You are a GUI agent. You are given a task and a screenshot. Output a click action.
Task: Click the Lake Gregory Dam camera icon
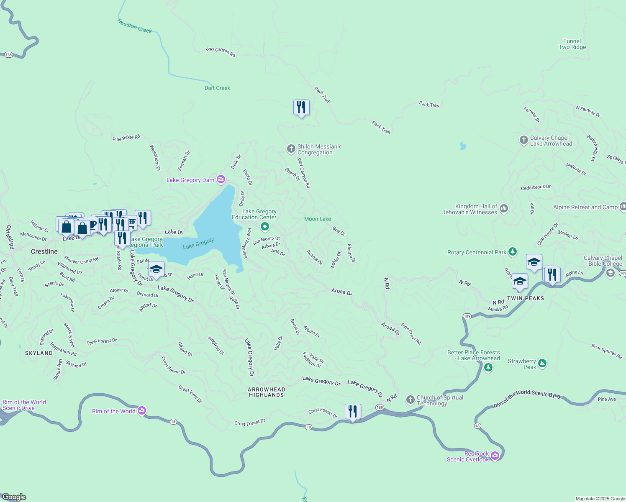(221, 180)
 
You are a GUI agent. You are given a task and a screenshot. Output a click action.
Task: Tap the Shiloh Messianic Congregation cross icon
(291, 149)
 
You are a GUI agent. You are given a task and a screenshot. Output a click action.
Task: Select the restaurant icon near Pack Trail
(301, 108)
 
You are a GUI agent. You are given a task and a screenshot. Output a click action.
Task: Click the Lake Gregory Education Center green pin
(264, 227)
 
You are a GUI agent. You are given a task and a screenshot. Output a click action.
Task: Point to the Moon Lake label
(317, 219)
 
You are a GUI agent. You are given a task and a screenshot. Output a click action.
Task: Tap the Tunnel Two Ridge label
(572, 44)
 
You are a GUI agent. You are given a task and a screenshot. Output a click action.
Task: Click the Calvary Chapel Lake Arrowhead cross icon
(523, 140)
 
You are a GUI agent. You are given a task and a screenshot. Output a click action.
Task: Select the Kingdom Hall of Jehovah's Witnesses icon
(504, 208)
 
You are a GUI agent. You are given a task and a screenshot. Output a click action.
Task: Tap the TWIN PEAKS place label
(526, 298)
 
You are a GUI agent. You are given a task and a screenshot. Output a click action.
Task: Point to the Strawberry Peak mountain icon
(542, 363)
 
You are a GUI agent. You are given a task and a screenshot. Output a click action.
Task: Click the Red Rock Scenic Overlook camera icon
(495, 456)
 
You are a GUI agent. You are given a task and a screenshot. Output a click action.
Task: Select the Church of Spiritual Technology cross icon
(410, 400)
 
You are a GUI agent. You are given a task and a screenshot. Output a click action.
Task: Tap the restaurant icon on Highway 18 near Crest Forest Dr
(353, 412)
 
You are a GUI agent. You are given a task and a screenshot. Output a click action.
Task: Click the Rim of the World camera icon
(142, 411)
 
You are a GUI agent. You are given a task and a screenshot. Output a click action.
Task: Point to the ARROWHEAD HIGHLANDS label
(267, 392)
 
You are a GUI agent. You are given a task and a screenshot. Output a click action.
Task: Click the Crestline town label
(44, 251)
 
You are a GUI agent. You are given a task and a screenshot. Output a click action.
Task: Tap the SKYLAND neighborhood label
(39, 353)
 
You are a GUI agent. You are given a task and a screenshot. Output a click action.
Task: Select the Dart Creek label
(217, 88)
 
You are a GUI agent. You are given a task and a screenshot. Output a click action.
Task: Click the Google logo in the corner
(14, 497)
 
